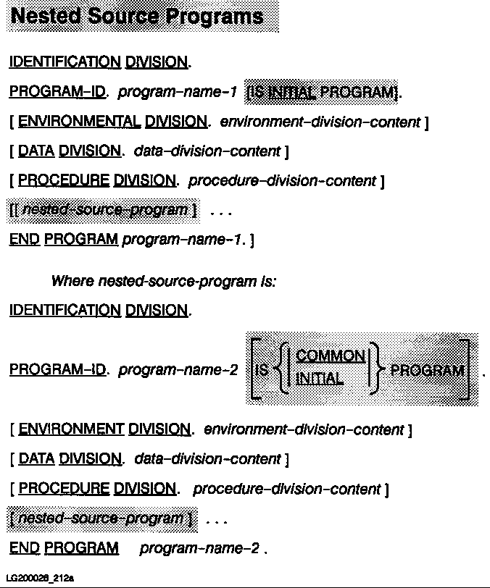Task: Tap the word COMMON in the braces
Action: (x=331, y=356)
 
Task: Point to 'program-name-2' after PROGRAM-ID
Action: (x=178, y=371)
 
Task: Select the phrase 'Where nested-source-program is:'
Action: (x=163, y=281)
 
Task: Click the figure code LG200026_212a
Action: (x=41, y=578)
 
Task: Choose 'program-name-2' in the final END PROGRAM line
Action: (x=199, y=548)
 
